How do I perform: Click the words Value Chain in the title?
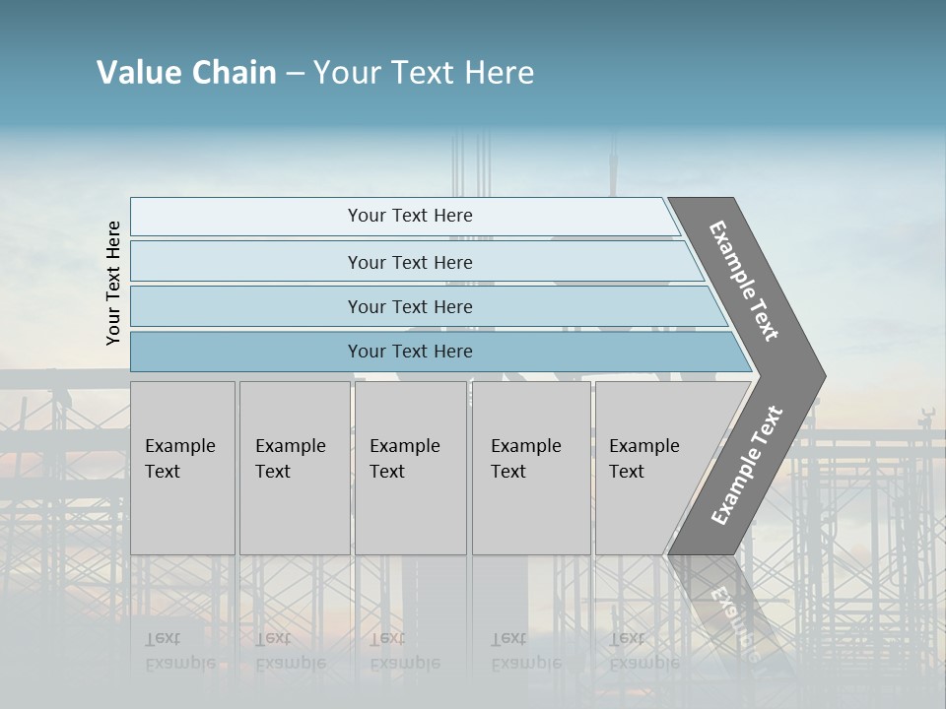point(186,73)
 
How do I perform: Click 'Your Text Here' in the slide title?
point(424,73)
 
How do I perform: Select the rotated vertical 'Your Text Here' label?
point(113,284)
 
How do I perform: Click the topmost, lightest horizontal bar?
point(409,216)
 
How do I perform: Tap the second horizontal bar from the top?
point(409,262)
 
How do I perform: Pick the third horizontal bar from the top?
point(409,306)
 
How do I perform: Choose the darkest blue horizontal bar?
point(409,352)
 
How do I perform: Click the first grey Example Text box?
point(182,468)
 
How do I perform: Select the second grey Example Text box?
point(294,468)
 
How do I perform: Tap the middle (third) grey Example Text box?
point(410,468)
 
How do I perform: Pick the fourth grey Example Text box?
point(531,468)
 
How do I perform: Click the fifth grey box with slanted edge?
point(650,468)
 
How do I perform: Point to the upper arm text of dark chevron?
point(744,282)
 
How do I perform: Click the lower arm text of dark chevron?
point(747,465)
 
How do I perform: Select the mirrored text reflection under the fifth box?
point(643,651)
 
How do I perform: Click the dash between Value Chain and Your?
point(295,74)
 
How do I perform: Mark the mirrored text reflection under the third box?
point(404,651)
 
